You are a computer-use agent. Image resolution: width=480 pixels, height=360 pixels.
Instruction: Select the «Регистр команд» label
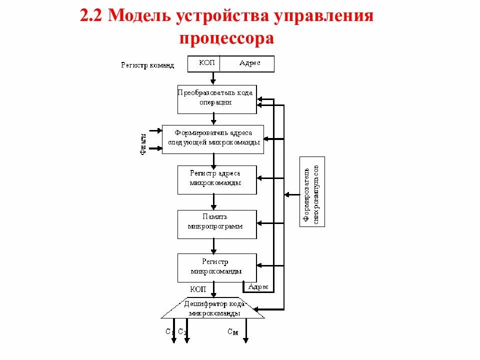147,65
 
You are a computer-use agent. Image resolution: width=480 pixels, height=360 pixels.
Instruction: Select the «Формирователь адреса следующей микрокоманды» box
213,138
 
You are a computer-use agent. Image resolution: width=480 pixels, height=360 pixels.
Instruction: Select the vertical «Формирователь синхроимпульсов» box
312,191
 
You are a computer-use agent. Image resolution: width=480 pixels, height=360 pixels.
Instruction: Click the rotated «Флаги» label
144,144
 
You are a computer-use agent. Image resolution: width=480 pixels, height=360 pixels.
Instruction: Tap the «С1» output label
169,332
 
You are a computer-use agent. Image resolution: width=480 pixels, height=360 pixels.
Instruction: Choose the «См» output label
233,332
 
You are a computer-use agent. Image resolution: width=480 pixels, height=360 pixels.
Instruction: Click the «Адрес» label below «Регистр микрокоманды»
258,287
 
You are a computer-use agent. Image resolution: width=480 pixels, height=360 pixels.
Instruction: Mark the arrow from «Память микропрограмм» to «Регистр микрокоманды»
213,245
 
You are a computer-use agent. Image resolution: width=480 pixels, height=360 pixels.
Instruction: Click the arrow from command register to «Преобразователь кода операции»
213,78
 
